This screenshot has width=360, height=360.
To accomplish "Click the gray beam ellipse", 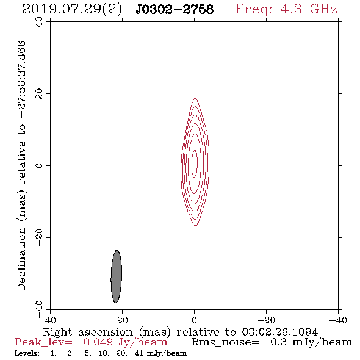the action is (116, 276).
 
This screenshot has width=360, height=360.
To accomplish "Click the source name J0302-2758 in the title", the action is (175, 9).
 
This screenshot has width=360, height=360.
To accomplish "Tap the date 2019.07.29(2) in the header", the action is (72, 10).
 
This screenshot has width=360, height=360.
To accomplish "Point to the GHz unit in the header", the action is (323, 9).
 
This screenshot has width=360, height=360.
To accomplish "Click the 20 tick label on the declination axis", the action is (39, 94).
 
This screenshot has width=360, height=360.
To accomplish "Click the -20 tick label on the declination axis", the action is (39, 237).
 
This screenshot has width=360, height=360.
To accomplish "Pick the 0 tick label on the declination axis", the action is (39, 165).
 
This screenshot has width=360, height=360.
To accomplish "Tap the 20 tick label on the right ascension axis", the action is (122, 320).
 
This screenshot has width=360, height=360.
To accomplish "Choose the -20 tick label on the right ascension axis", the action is (266, 320).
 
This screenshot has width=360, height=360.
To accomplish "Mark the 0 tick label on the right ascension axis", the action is (194, 320).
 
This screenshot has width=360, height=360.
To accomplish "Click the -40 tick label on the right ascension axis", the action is (338, 320).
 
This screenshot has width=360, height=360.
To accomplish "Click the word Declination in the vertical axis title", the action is (21, 259).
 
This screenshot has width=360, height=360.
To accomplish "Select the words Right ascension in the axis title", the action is (88, 332).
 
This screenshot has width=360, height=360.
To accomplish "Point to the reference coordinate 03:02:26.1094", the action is (279, 332).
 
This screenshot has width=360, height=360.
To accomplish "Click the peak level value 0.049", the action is (98, 342).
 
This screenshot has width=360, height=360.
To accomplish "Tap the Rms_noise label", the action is (225, 342).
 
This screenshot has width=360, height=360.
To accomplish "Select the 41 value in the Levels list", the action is (139, 353).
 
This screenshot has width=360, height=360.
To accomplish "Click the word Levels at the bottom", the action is (27, 353).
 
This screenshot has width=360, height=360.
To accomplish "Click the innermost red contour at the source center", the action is (192, 164).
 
